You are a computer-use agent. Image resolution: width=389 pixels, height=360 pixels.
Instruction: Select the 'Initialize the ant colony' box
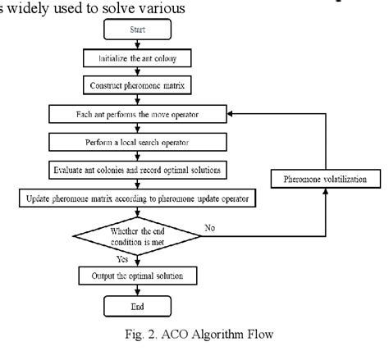click(x=136, y=60)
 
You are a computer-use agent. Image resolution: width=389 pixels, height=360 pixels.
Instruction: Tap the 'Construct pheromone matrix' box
click(x=136, y=85)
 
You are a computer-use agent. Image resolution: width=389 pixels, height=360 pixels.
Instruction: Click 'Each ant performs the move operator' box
click(x=136, y=112)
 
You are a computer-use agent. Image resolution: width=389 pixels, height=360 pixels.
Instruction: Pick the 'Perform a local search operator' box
click(x=136, y=141)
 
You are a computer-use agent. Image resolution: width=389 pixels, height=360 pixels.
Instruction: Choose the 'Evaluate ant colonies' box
click(x=136, y=170)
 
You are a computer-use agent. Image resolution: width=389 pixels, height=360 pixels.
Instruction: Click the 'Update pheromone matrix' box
click(x=136, y=198)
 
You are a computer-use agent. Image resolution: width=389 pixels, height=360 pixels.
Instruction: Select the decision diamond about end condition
click(x=136, y=235)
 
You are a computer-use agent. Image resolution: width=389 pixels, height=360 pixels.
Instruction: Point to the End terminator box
click(x=136, y=307)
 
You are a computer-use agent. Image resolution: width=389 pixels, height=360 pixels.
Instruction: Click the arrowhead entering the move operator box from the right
click(x=231, y=112)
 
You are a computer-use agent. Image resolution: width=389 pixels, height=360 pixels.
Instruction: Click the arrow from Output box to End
click(x=136, y=290)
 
